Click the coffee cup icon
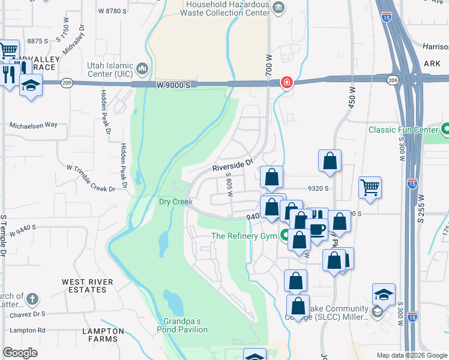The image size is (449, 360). tap(316, 228)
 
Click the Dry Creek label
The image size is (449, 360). tap(175, 202)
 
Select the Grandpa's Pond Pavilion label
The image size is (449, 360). tap(182, 325)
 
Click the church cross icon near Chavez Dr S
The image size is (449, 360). tap(32, 298)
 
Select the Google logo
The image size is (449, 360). tap(20, 353)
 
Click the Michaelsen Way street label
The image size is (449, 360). tap(33, 125)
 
